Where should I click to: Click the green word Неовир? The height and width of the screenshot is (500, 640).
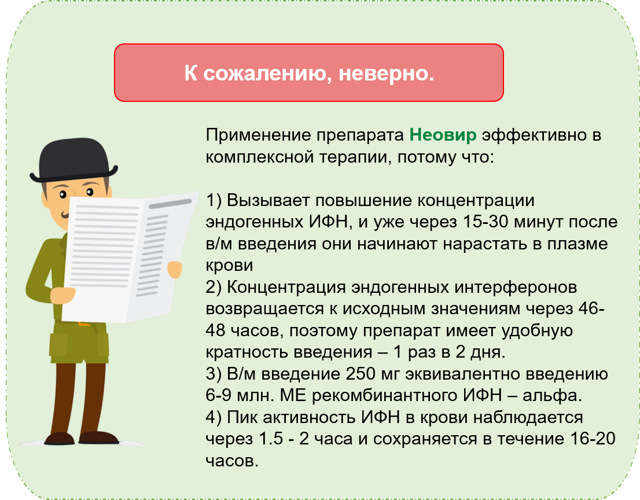coord(443,135)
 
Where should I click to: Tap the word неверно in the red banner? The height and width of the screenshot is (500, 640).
coord(386,73)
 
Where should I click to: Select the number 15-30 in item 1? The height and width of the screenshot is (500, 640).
coord(485,222)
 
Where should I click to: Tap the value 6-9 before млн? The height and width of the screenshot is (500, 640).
coord(218,395)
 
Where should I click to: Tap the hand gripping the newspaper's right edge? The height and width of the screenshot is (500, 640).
coord(175,270)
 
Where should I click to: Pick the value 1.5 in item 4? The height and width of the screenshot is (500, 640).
coord(271,439)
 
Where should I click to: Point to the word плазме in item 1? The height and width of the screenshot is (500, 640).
coord(578,244)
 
